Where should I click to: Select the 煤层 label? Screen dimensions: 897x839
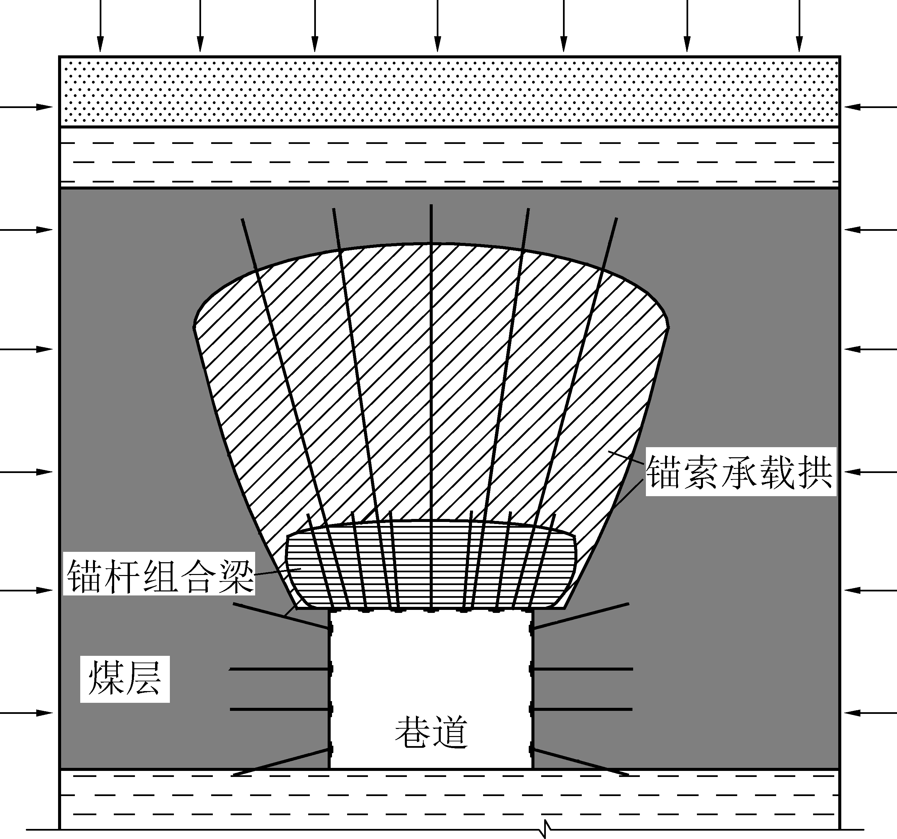coord(125,679)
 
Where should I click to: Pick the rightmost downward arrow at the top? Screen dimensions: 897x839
coord(800,26)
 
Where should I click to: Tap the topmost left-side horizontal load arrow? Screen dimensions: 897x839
coord(26,107)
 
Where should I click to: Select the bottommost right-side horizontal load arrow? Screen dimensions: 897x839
coord(871,713)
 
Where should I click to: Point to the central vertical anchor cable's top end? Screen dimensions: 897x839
coord(431,205)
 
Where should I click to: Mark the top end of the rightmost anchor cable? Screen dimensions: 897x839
coord(616,218)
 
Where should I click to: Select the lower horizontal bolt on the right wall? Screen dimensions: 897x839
coord(581,709)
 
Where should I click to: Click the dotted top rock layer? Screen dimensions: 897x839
coord(450,92)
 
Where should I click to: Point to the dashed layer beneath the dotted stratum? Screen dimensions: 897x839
coord(450,157)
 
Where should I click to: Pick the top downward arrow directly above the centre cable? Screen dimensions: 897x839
coord(437,26)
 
